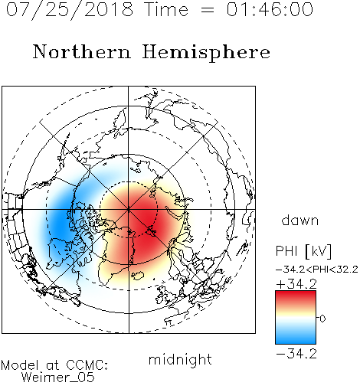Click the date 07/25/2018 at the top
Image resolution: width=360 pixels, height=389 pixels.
click(x=70, y=10)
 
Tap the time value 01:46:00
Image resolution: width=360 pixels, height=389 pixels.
click(x=270, y=9)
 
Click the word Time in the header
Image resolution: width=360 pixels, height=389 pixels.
click(x=166, y=9)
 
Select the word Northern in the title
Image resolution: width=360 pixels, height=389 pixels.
click(x=82, y=51)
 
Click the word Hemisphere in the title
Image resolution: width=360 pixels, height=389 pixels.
click(x=206, y=53)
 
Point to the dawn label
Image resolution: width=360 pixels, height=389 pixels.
click(x=300, y=220)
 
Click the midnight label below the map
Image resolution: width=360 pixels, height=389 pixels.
click(x=180, y=360)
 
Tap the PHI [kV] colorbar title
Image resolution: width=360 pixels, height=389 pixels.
click(x=303, y=251)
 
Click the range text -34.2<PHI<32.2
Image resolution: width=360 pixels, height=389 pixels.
click(x=317, y=270)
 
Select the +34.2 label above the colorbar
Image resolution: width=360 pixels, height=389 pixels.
click(x=296, y=284)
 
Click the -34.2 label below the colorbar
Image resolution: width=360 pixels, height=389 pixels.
click(x=296, y=354)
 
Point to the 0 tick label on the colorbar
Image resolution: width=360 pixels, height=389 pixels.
click(x=322, y=319)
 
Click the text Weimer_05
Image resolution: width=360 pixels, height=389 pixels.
click(x=58, y=378)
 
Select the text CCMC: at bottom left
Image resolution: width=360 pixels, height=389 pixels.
click(x=87, y=365)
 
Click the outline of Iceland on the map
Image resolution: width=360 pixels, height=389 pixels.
click(x=137, y=276)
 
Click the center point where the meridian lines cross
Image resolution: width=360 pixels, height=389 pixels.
click(x=129, y=210)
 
